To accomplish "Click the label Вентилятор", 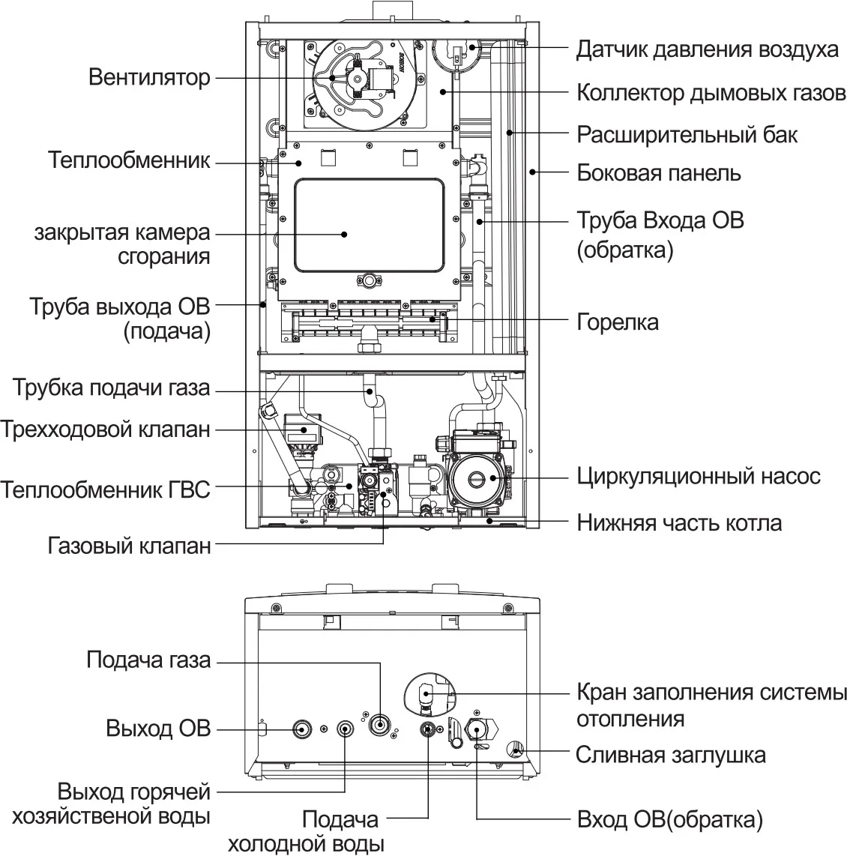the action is tap(149, 77).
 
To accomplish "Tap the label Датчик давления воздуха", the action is tap(708, 49).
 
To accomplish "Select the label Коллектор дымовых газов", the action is tap(711, 93).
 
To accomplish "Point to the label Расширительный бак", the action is tap(687, 134).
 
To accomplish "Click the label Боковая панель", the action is tap(659, 173).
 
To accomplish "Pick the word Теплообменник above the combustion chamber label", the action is tap(129, 160).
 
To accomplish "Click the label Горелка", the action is tap(617, 322).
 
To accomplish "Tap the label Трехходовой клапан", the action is tap(106, 429).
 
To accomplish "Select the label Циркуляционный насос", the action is tap(699, 477).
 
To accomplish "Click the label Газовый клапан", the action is tap(129, 546).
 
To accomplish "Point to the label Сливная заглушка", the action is tap(671, 756).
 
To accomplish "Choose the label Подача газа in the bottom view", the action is tap(148, 660).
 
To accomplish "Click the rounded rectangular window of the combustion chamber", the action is tap(370, 225).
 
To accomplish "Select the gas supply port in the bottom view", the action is tap(380, 724).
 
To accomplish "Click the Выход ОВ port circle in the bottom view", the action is tap(302, 729).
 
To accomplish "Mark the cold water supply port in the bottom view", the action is tap(428, 729).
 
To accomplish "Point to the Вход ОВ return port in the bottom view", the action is tap(477, 730).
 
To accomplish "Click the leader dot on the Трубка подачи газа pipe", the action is tap(370, 391).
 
